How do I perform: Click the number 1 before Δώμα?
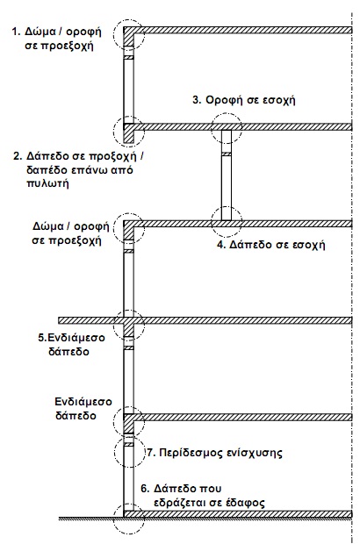click(14, 32)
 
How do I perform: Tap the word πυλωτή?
click(47, 183)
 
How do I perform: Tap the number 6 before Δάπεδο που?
click(145, 489)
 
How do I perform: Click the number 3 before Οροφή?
click(197, 100)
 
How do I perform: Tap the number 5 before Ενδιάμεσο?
click(41, 338)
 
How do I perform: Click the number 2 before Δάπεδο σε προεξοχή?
click(17, 156)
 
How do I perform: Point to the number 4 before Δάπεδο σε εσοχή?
click(220, 245)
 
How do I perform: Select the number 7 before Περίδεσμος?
click(150, 453)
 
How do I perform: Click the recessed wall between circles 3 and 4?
click(227, 175)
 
